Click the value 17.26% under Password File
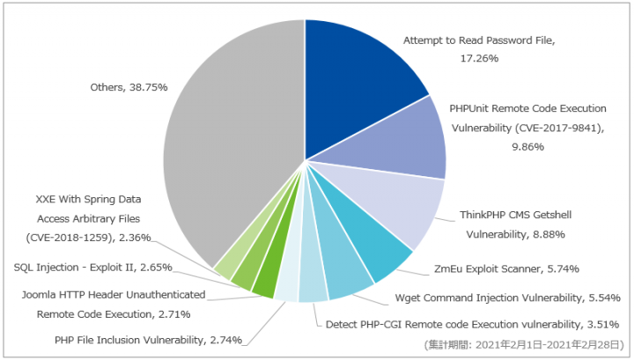479,59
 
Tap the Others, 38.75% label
129,87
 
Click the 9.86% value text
527,147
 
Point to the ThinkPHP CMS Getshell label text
515,215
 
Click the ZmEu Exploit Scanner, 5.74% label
506,268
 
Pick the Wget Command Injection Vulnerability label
488,298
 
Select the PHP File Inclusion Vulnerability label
129,341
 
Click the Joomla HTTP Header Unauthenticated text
114,295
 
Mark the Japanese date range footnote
524,345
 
